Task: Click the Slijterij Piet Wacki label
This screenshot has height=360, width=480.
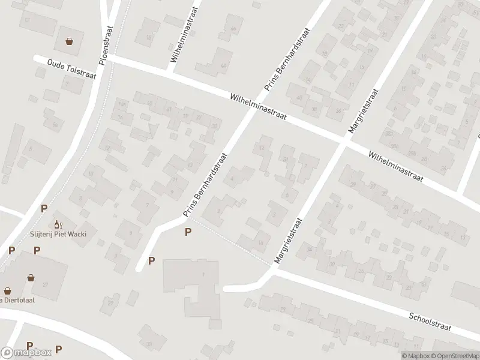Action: coord(59,233)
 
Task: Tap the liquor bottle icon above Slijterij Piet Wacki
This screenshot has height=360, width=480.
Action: coord(59,224)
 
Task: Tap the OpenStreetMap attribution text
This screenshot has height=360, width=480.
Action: coord(454,356)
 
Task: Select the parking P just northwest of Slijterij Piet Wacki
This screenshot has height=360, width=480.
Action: coord(43,209)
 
